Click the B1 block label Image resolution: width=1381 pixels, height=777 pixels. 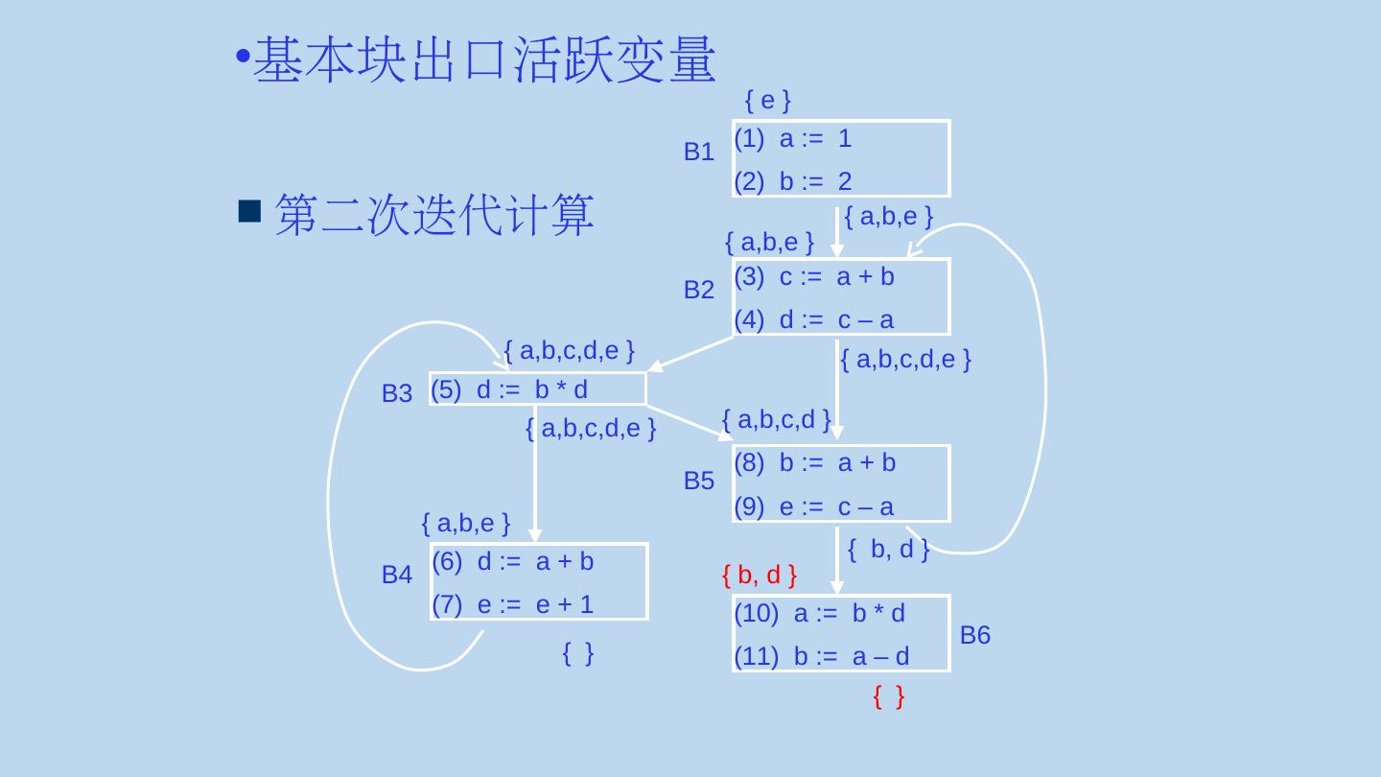(x=698, y=152)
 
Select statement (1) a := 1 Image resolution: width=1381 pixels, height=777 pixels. (x=793, y=139)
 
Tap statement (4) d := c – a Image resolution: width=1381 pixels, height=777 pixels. (x=814, y=319)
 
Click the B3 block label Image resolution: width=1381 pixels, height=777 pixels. (x=396, y=393)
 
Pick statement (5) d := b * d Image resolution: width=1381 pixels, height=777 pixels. (x=509, y=389)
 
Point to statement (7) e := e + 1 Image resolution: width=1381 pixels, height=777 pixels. (x=513, y=604)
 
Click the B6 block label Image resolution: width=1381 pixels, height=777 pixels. (x=974, y=635)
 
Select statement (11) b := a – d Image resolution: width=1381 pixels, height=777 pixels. (x=822, y=656)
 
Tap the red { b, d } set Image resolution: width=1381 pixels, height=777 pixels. (x=759, y=576)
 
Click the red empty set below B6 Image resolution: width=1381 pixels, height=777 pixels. (x=888, y=697)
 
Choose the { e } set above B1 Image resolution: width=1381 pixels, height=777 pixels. (x=767, y=100)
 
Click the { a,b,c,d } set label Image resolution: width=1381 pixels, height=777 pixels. (x=776, y=419)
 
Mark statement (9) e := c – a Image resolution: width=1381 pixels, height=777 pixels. (x=814, y=506)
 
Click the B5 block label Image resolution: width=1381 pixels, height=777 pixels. (x=698, y=481)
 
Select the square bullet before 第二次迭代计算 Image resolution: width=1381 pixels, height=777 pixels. (x=249, y=211)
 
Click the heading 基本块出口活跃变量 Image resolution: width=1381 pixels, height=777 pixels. (x=484, y=59)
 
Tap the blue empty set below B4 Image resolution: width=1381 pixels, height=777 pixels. (x=577, y=653)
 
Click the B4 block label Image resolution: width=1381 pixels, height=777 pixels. (x=396, y=575)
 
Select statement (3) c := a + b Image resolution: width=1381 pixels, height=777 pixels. (x=814, y=277)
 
